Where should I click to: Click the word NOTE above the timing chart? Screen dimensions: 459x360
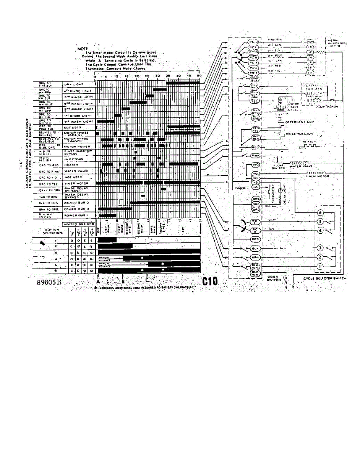(83, 49)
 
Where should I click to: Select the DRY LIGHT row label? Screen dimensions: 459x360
(73, 84)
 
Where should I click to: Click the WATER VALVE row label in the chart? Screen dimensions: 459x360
(74, 171)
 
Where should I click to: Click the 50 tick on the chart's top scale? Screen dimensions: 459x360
(199, 76)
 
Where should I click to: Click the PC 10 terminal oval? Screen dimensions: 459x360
(254, 52)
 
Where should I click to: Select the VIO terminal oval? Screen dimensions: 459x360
(257, 165)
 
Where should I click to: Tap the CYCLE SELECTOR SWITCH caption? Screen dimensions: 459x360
(324, 278)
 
